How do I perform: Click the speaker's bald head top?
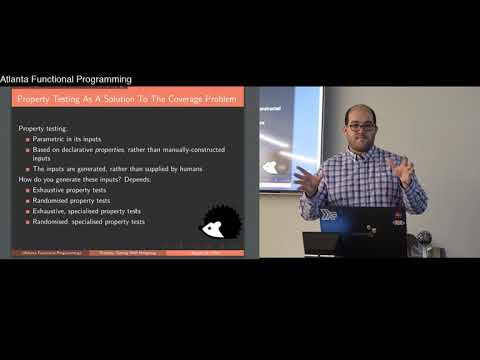[x=360, y=108]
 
